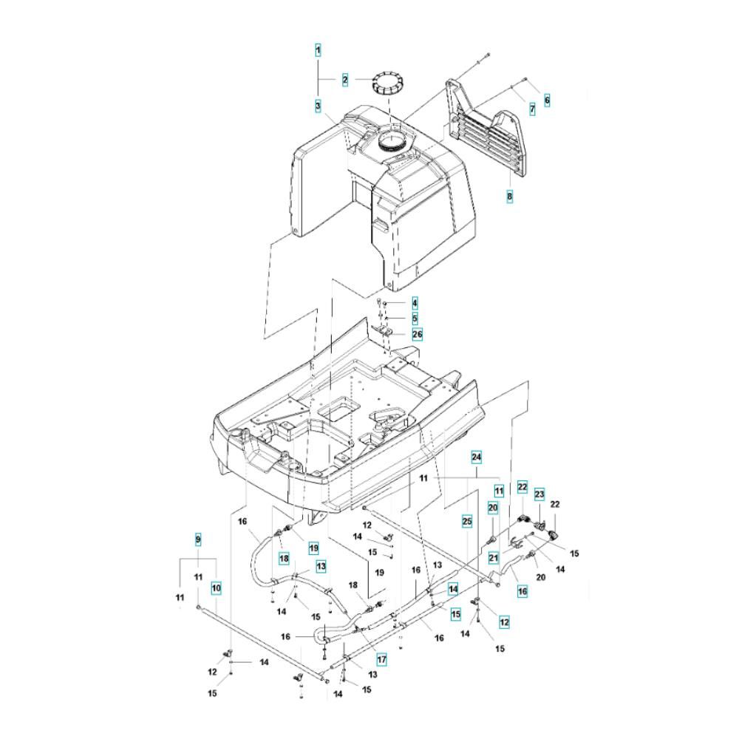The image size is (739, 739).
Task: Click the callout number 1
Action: (x=319, y=50)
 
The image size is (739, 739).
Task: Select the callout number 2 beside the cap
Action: (x=345, y=80)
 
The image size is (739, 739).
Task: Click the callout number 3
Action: (x=319, y=106)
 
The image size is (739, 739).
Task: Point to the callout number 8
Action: (x=509, y=197)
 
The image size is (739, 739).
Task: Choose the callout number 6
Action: (x=547, y=99)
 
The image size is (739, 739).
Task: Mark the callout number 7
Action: (x=531, y=109)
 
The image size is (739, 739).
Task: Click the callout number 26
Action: (x=418, y=334)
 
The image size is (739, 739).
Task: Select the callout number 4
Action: (x=415, y=304)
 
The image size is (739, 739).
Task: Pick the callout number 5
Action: (x=415, y=319)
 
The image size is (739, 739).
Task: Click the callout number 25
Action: (x=466, y=522)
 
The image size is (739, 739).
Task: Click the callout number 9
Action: (x=198, y=540)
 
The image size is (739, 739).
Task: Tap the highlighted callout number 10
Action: (x=217, y=589)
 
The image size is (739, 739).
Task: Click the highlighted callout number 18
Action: (x=283, y=556)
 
